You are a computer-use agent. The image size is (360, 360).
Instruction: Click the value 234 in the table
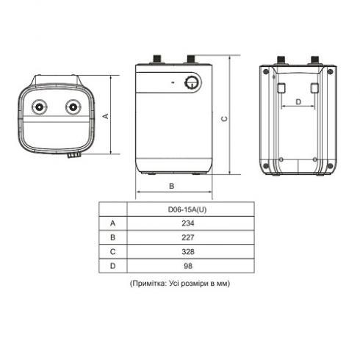(188, 223)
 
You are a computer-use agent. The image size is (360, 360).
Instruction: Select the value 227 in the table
(188, 237)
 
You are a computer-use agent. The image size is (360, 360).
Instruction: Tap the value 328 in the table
(188, 251)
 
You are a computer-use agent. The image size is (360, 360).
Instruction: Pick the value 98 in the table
(188, 266)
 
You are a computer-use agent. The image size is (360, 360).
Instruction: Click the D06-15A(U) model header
(187, 209)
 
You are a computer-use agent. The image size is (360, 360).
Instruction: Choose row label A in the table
(112, 223)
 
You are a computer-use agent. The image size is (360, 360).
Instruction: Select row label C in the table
(112, 251)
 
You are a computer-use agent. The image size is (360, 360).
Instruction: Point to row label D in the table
(112, 266)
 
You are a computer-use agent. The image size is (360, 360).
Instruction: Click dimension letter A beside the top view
(106, 116)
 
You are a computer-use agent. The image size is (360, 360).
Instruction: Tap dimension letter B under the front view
(172, 186)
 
